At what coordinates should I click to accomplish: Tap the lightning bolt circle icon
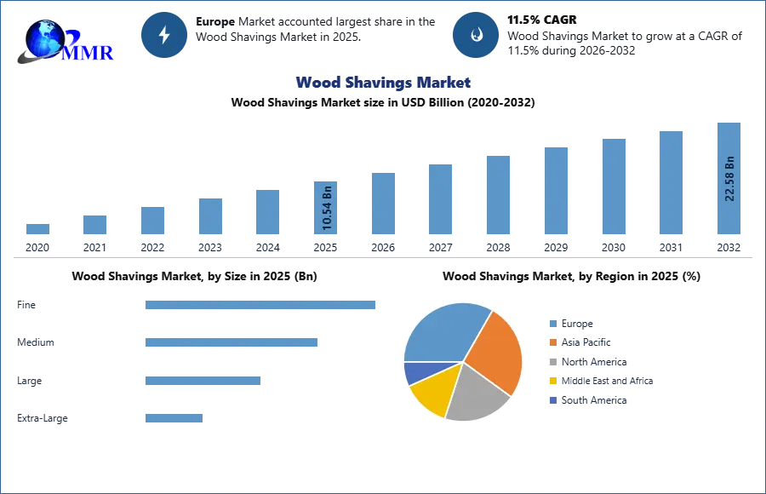(x=164, y=35)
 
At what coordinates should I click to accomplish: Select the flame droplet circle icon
(x=476, y=35)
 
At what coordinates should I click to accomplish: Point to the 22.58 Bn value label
(x=729, y=179)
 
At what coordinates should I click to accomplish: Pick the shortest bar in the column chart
(x=37, y=228)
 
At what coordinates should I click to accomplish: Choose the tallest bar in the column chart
(x=729, y=181)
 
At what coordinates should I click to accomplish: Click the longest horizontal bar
(x=261, y=306)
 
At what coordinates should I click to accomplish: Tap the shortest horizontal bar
(x=174, y=416)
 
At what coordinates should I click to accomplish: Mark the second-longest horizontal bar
(x=232, y=342)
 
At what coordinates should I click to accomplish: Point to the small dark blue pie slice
(x=414, y=372)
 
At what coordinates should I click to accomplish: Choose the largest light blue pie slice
(x=443, y=331)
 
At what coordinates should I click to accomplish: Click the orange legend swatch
(x=552, y=342)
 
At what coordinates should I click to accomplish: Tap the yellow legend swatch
(x=552, y=381)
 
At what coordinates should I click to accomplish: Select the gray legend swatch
(x=552, y=361)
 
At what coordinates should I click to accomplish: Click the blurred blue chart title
(x=384, y=83)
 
